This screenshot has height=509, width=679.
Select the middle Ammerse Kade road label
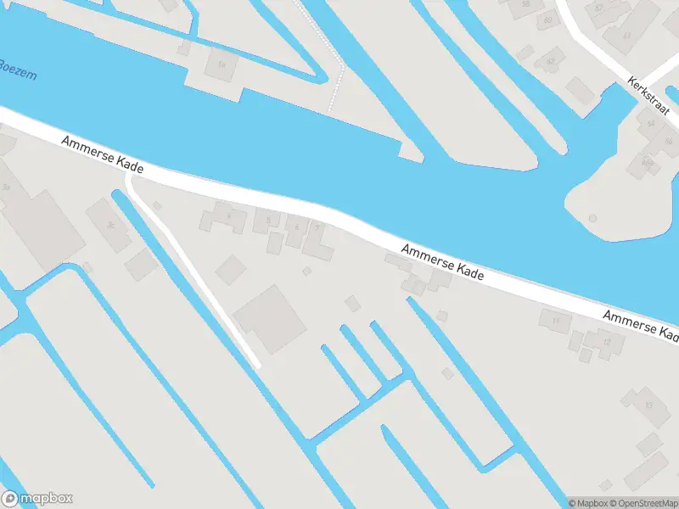click(442, 262)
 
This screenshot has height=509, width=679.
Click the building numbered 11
click(557, 321)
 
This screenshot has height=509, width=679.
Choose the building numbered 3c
click(110, 225)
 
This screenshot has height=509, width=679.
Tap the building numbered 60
click(547, 20)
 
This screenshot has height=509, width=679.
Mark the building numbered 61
click(626, 36)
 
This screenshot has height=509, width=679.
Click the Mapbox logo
click(37, 498)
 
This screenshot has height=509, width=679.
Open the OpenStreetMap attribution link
click(643, 503)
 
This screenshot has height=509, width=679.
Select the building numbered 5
click(268, 220)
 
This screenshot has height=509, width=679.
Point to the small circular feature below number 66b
click(592, 218)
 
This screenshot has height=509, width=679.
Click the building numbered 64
click(651, 125)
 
